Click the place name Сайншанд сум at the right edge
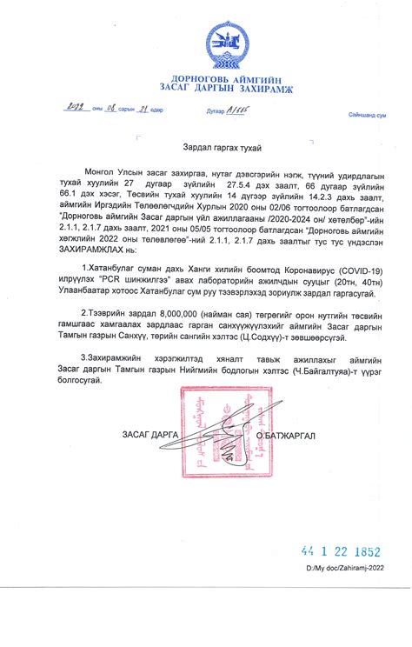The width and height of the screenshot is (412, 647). pyautogui.click(x=368, y=115)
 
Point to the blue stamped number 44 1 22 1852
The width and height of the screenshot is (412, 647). pyautogui.click(x=340, y=551)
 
